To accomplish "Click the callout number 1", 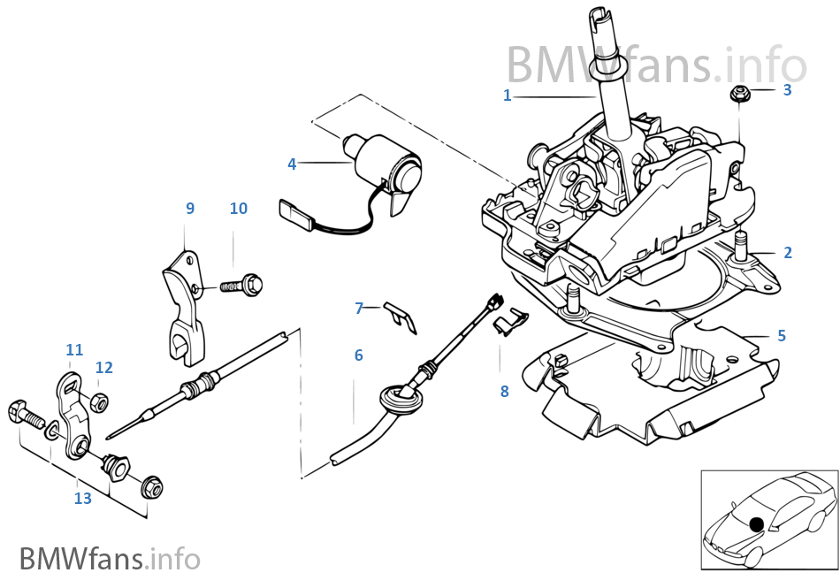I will pos(508,95).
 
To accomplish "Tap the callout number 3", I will pos(787,89).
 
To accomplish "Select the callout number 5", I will pos(781,336).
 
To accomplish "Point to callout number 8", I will pos(504,391).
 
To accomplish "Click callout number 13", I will pos(82,499).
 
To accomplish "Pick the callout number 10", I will pos(238,209).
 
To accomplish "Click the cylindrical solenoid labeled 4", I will pos(386,168).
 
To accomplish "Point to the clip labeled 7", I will pos(401,315).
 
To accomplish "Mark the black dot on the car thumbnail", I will pos(756,524).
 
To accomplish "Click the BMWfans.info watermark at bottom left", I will pos(110,559).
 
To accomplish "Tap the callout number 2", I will pos(787,253).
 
